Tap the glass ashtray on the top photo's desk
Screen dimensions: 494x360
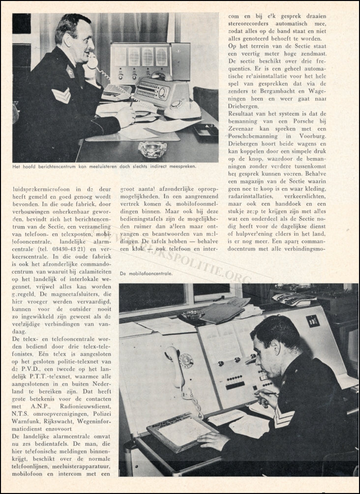(x=152, y=149)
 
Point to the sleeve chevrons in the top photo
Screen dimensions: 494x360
(x=61, y=94)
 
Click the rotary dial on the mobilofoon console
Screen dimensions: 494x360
(x=186, y=361)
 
